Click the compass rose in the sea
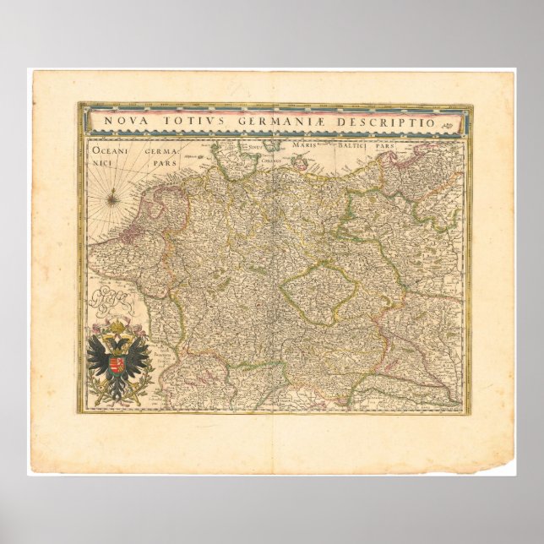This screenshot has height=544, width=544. click(x=113, y=199)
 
